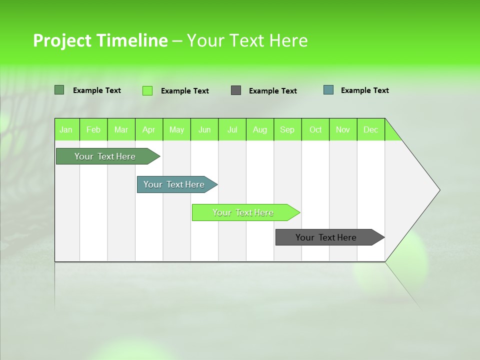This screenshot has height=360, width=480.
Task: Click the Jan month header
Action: click(66, 129)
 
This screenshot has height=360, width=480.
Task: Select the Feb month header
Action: click(93, 129)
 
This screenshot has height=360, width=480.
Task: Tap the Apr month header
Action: click(149, 129)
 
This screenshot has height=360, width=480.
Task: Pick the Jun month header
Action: click(204, 129)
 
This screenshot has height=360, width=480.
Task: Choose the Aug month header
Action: click(260, 129)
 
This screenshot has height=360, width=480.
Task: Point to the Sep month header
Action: click(287, 129)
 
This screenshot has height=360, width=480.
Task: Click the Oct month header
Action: click(315, 129)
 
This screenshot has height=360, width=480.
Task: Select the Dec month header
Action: click(371, 129)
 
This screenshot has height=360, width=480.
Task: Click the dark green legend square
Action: click(59, 90)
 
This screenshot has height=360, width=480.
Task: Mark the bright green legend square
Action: click(147, 90)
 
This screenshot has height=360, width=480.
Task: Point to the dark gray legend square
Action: click(236, 90)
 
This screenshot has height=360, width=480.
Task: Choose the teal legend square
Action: click(328, 90)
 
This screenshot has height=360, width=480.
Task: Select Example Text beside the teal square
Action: click(364, 90)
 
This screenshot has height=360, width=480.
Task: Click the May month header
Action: click(176, 129)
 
